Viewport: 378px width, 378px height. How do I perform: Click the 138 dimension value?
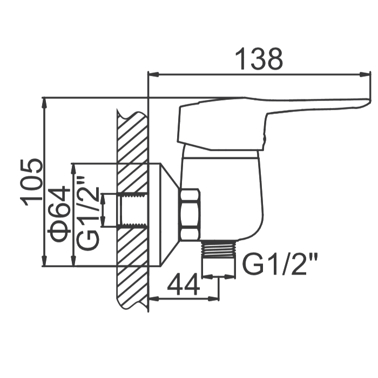[x=259, y=59]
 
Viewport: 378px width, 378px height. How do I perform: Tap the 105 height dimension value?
[x=31, y=183]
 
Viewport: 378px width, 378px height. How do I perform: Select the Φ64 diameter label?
[x=59, y=214]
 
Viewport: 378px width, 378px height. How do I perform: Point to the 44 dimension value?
[x=184, y=284]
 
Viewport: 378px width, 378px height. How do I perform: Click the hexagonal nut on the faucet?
[x=190, y=215]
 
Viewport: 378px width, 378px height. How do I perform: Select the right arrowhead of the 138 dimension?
[x=364, y=75]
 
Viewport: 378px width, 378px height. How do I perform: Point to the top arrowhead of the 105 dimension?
[x=44, y=103]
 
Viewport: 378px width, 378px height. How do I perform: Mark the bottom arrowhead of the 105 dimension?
[x=44, y=261]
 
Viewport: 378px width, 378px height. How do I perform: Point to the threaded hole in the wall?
[x=133, y=210]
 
